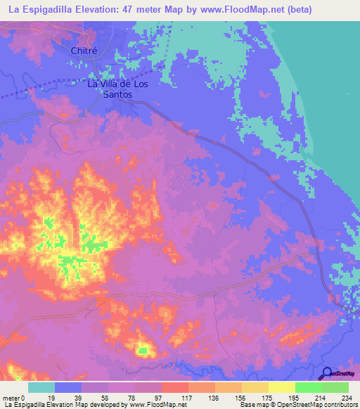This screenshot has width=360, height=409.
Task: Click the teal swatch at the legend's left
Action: point(41,387)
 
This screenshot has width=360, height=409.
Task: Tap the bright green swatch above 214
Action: point(308,387)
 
